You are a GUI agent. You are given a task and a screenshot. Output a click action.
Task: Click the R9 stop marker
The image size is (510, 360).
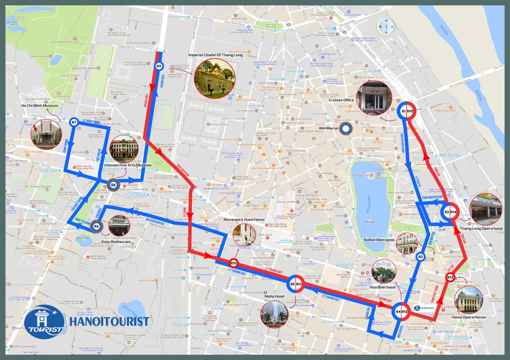159,66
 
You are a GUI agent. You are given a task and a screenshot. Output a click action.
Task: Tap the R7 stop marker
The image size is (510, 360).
74,122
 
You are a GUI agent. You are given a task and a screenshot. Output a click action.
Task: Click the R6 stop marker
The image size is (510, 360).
97,227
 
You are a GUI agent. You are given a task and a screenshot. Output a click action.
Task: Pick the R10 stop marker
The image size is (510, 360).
234,263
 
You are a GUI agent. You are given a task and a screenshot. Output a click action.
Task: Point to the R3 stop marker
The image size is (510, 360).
420,257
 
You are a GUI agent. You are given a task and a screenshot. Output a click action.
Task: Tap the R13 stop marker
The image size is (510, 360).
450,277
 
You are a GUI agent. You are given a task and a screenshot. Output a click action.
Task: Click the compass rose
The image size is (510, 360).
386,27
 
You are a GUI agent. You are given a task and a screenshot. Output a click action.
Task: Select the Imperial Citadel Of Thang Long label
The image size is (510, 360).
215,55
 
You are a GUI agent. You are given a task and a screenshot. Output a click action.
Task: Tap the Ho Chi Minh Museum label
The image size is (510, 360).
40,106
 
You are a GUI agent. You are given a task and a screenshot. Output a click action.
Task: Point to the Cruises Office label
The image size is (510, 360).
341,100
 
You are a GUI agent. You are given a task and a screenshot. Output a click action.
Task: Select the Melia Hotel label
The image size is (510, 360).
274,297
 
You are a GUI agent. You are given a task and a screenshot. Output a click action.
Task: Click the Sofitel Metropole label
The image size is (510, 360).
379,240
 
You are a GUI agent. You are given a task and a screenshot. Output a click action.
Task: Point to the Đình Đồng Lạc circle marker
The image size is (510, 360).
345,129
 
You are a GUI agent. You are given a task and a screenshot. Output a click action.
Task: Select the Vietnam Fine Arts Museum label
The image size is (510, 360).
127,165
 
